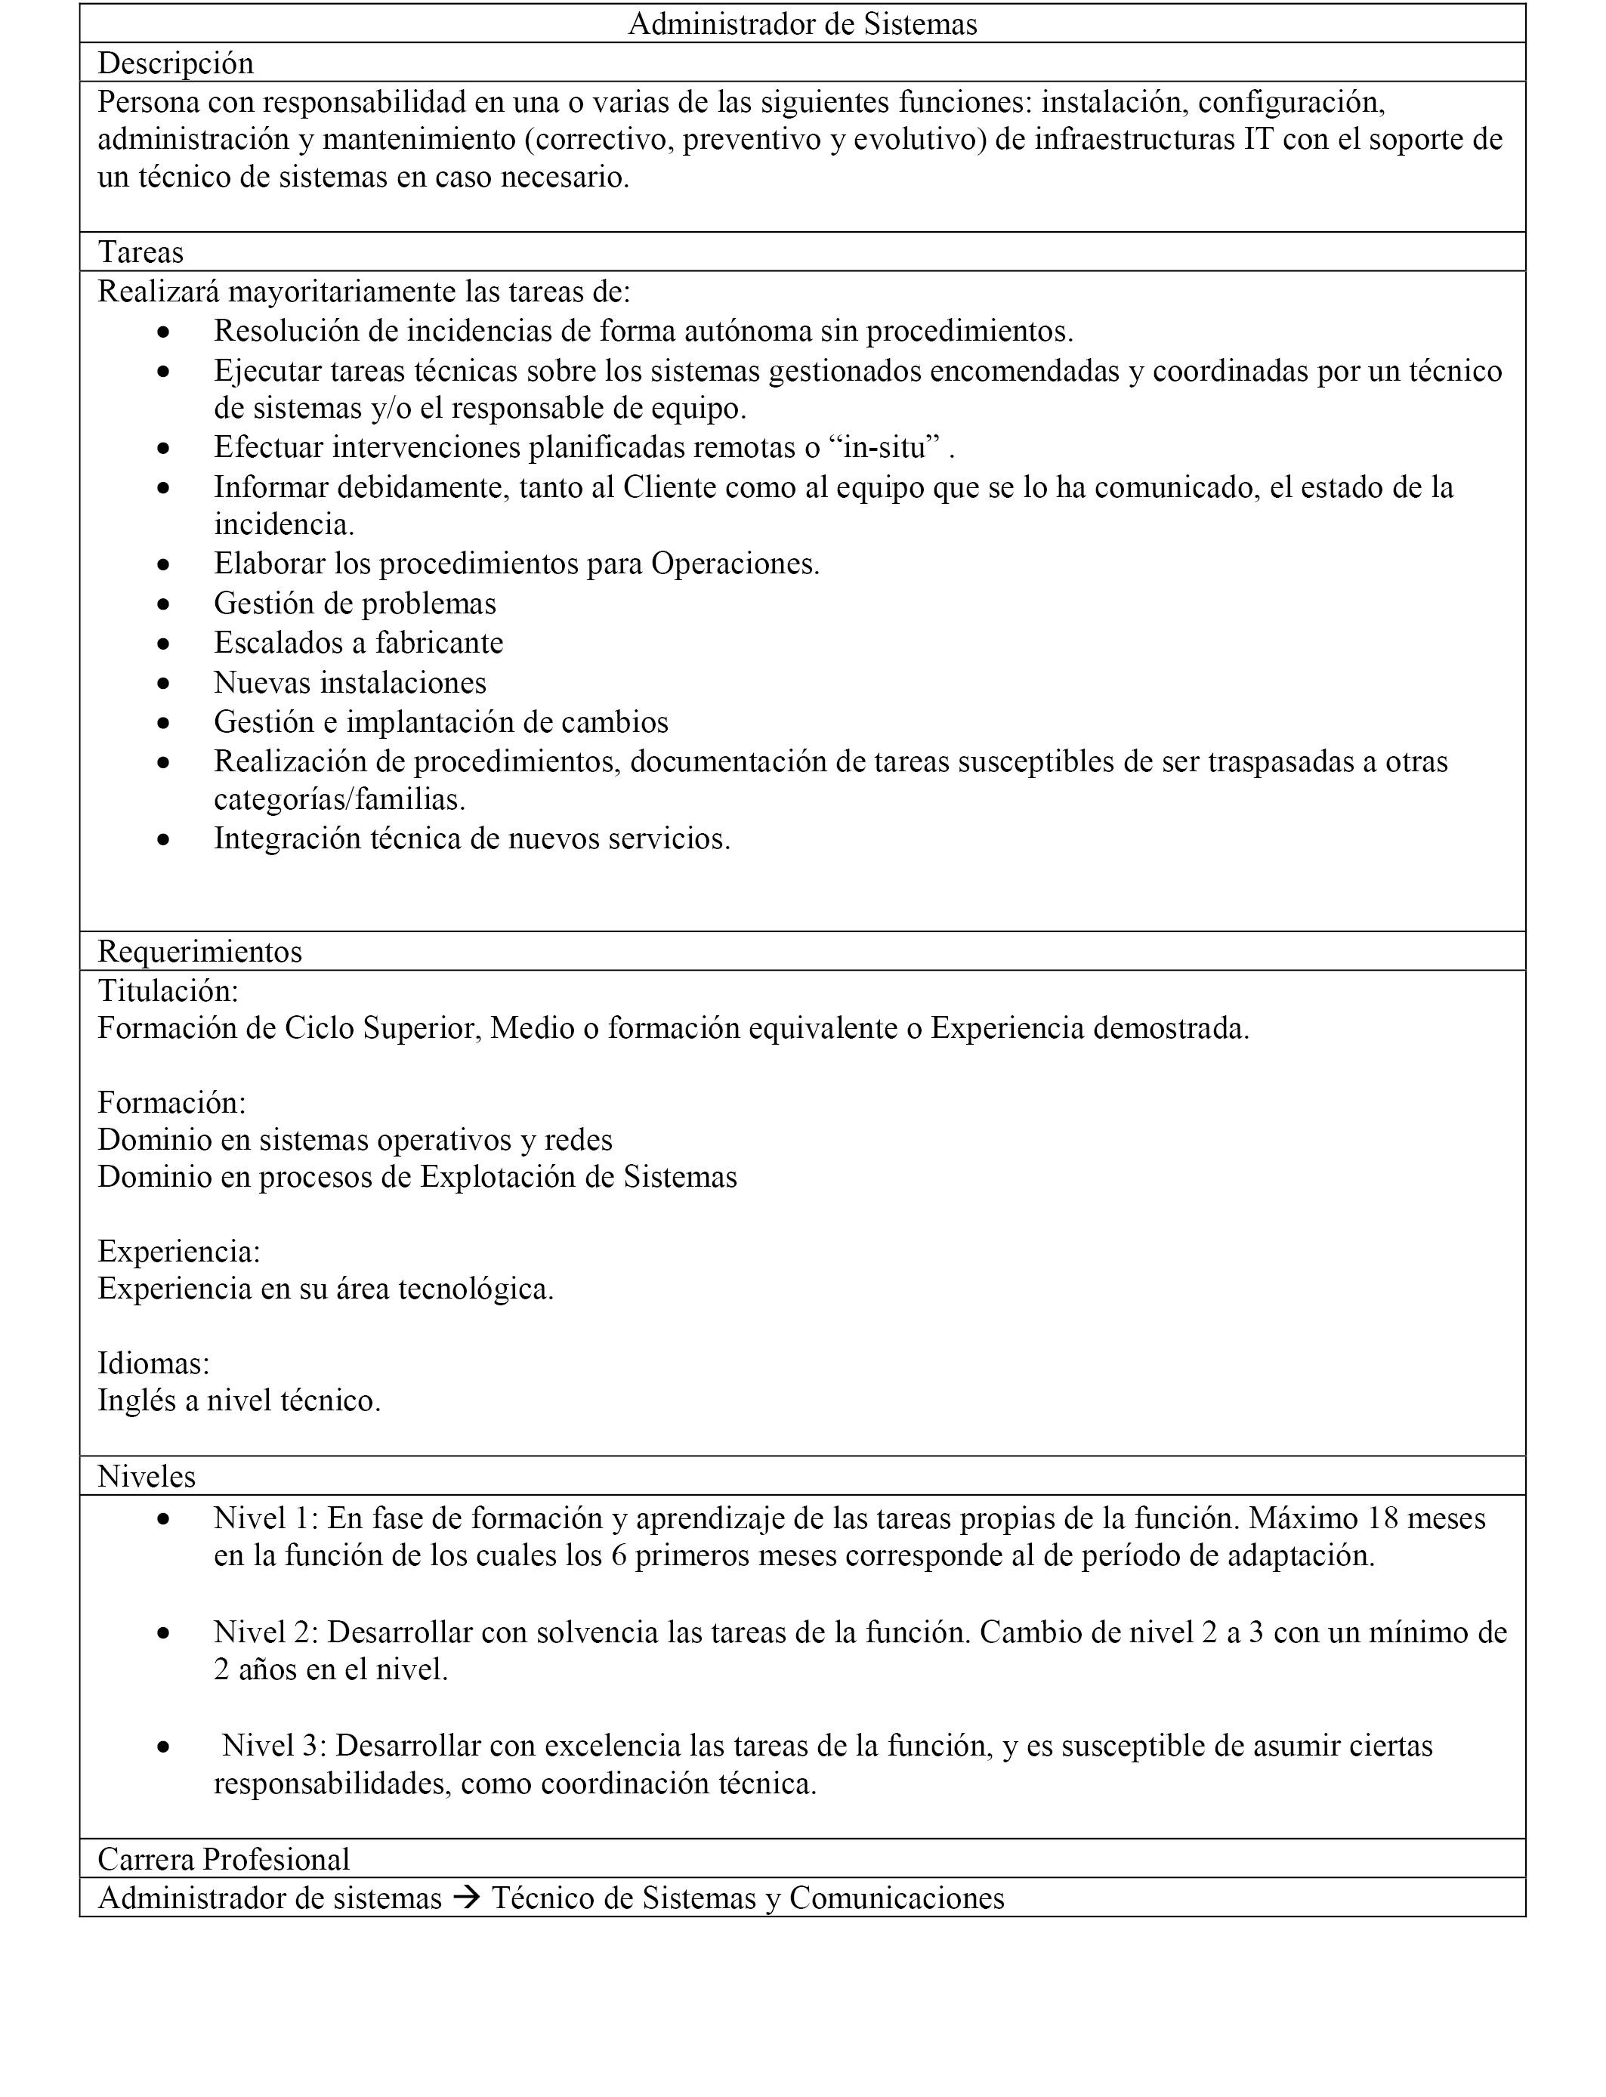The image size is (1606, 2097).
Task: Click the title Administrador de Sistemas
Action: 802,24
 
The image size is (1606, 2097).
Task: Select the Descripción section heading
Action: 176,63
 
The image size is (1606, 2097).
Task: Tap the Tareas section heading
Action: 141,252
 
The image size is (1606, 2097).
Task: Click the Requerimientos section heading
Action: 199,951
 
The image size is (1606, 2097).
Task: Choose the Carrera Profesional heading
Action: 224,1859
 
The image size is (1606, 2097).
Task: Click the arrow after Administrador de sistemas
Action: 467,1898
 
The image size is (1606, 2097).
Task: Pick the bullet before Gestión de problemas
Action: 165,605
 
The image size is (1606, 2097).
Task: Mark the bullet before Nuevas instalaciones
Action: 165,684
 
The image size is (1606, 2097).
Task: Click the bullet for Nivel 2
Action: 165,1632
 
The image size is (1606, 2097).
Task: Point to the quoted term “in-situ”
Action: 879,447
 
